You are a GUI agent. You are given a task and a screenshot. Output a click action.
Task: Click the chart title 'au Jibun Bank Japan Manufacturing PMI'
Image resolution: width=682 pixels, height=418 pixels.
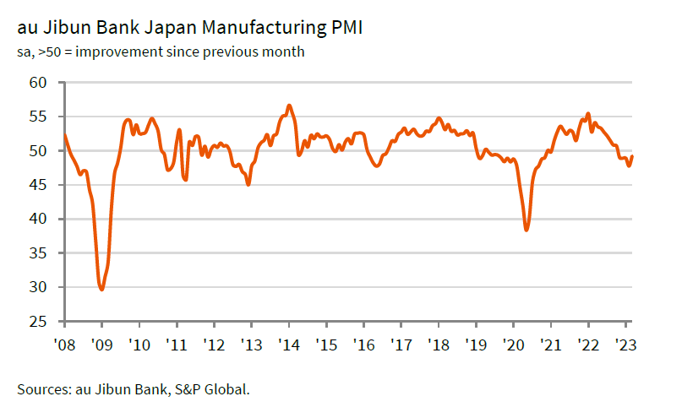tap(190, 29)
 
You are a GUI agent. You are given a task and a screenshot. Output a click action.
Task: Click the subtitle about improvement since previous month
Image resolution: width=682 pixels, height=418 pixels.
tap(161, 52)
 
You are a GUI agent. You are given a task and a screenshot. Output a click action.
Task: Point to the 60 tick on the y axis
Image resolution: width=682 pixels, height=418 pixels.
tap(36, 83)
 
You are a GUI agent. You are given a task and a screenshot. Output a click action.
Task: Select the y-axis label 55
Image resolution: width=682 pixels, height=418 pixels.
tap(36, 117)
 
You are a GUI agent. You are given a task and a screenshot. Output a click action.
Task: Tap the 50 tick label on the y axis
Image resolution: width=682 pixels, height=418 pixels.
tap(36, 151)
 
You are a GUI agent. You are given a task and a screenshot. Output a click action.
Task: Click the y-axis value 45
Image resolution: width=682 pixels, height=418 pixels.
tap(36, 185)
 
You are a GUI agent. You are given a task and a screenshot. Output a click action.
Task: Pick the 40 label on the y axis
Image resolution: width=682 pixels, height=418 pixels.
tap(36, 219)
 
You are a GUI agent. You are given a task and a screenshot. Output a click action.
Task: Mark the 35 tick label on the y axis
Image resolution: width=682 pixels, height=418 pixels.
tap(36, 253)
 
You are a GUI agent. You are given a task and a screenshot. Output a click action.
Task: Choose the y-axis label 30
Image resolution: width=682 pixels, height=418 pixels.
tap(36, 287)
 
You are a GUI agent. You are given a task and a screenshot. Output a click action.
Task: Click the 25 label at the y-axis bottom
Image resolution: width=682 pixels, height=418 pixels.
tap(36, 322)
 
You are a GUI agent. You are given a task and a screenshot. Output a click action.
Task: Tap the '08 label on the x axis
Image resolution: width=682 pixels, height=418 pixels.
tap(64, 345)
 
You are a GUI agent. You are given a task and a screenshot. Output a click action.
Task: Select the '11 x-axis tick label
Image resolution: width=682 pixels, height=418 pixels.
tap(177, 345)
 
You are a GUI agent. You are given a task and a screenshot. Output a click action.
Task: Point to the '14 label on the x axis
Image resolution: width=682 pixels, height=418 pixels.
tap(289, 345)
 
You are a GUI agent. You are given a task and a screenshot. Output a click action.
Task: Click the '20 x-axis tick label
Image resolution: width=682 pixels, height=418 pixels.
tap(513, 345)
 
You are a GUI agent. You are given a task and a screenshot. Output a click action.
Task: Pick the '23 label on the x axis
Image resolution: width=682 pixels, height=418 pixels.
tap(625, 345)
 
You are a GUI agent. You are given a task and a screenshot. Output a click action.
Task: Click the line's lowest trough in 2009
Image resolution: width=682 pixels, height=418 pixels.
tap(102, 290)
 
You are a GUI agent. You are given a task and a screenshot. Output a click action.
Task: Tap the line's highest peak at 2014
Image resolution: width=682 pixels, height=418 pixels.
tap(289, 106)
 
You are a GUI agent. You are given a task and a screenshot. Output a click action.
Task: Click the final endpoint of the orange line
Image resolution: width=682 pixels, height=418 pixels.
tap(632, 156)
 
